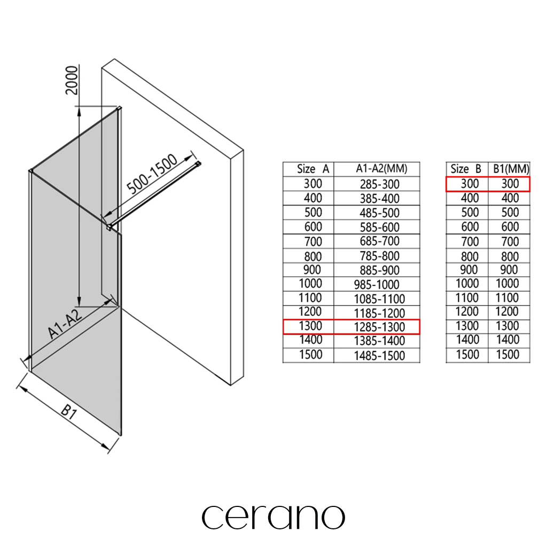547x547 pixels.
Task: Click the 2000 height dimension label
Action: coord(72,80)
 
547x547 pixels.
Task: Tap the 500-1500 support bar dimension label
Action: coord(152,174)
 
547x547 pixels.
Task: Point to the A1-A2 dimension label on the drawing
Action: coord(65,323)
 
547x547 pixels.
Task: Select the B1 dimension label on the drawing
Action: coord(69,412)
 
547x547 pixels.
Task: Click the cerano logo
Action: coord(273,517)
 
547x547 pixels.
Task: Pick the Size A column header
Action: coord(313,169)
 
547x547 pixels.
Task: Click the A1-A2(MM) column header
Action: coord(381,169)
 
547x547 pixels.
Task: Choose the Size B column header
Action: coord(466,169)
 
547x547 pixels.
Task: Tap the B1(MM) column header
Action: coord(511,169)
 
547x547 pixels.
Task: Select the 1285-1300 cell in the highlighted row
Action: coord(379,327)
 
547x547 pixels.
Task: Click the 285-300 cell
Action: coord(380,184)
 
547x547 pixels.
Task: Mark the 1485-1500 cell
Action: coord(379,356)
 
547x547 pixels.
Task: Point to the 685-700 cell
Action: coord(380,241)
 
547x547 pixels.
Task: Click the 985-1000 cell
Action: coord(377,285)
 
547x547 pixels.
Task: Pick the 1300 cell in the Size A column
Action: coord(310,326)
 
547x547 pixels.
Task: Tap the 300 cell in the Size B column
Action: coord(470,184)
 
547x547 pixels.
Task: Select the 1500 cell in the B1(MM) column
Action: coord(507,355)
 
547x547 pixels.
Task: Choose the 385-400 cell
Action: coord(380,199)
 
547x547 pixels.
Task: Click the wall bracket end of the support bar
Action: coord(198,163)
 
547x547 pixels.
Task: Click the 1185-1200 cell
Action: coord(379,313)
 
